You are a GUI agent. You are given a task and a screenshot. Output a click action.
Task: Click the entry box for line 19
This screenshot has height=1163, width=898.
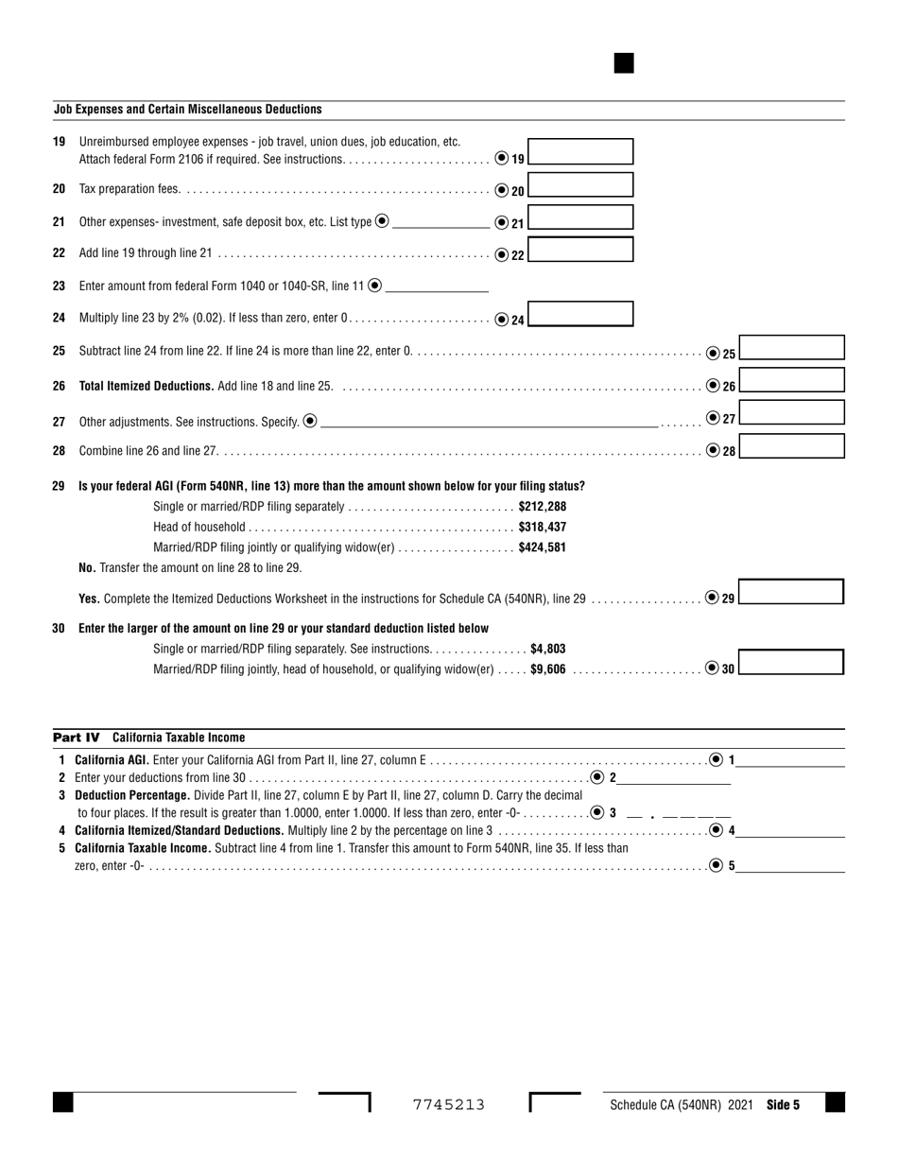580,151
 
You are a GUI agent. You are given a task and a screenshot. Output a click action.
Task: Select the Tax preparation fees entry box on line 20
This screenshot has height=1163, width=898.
580,184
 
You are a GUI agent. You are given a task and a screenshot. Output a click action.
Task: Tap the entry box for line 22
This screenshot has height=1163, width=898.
580,250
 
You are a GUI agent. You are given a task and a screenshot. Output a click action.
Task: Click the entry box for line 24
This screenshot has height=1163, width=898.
580,314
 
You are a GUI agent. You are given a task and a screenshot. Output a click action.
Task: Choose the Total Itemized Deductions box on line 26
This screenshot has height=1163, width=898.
791,380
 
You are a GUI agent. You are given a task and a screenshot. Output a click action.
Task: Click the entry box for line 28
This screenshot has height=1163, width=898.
791,445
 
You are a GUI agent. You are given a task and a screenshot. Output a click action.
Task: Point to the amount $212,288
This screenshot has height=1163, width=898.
542,507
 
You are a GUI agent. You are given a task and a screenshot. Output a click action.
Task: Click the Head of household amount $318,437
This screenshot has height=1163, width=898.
542,527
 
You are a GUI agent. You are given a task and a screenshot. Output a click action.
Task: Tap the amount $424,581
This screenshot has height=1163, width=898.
542,547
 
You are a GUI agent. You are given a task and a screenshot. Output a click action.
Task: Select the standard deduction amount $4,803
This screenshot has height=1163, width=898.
547,649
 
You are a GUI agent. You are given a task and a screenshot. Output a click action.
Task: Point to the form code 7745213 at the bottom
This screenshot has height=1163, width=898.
449,1104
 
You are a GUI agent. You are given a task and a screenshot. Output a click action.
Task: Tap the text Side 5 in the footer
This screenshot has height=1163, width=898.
783,1104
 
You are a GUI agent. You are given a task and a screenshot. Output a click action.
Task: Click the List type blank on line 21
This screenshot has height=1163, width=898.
440,223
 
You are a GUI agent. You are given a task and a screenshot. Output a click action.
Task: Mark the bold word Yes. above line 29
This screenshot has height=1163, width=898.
89,599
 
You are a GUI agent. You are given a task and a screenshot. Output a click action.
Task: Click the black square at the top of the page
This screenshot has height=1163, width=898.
624,63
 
